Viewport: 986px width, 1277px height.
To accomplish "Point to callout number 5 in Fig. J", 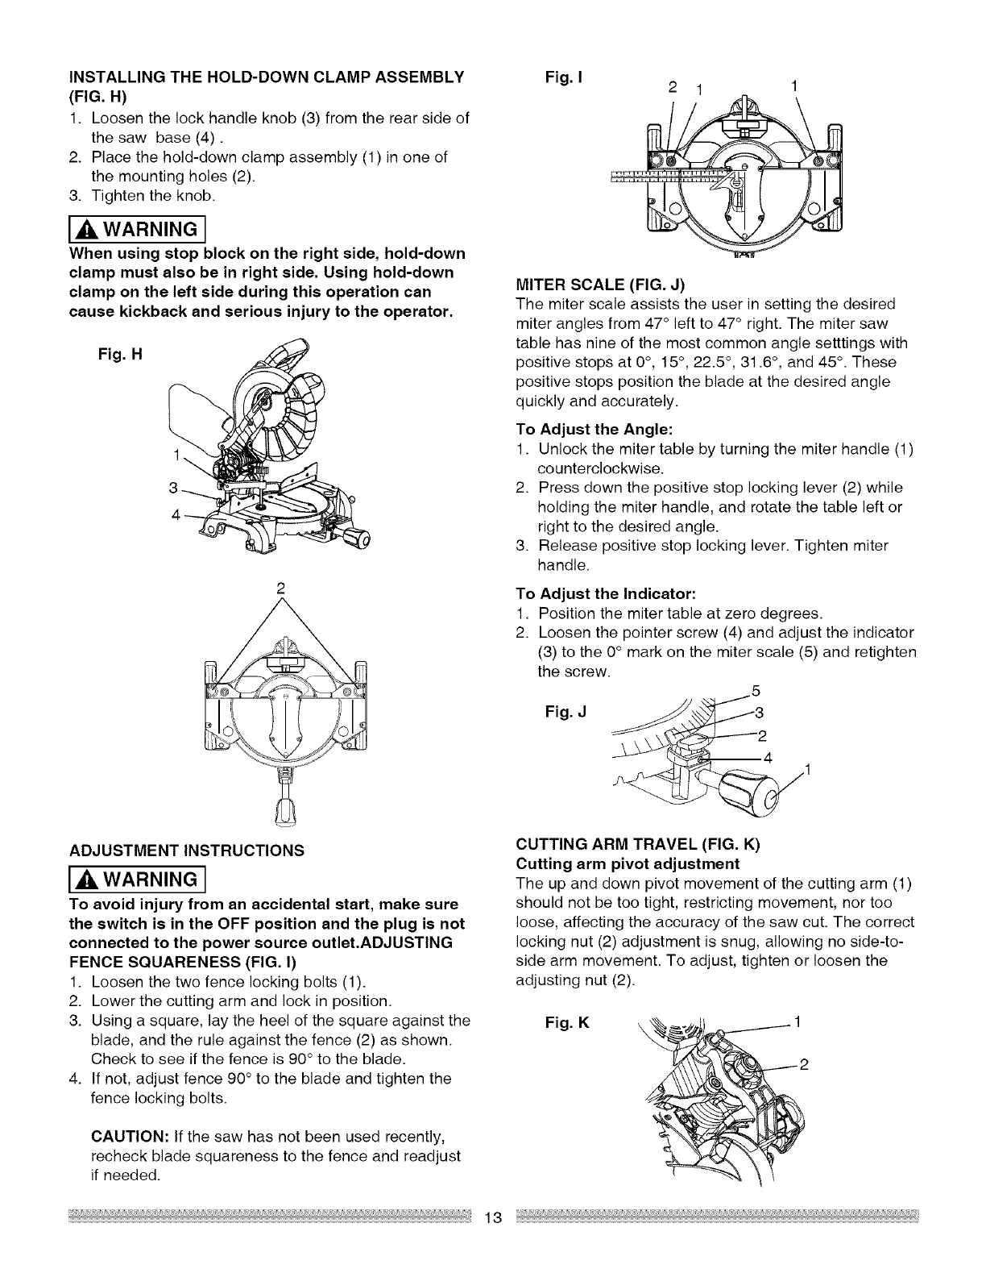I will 756,690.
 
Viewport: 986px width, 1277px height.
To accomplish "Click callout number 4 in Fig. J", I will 768,758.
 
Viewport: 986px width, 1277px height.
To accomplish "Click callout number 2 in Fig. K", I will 803,1063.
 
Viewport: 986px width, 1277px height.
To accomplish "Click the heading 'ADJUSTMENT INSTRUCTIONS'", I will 187,850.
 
